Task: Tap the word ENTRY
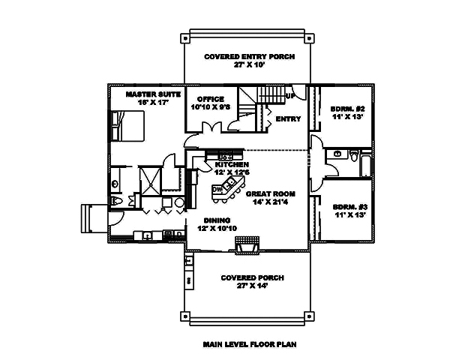click(x=289, y=119)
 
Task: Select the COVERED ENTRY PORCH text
click(x=244, y=57)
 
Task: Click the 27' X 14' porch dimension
click(x=244, y=285)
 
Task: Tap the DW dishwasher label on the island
click(x=218, y=190)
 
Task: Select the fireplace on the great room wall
click(x=247, y=243)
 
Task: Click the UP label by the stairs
click(x=289, y=96)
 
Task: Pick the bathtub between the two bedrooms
click(x=365, y=163)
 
